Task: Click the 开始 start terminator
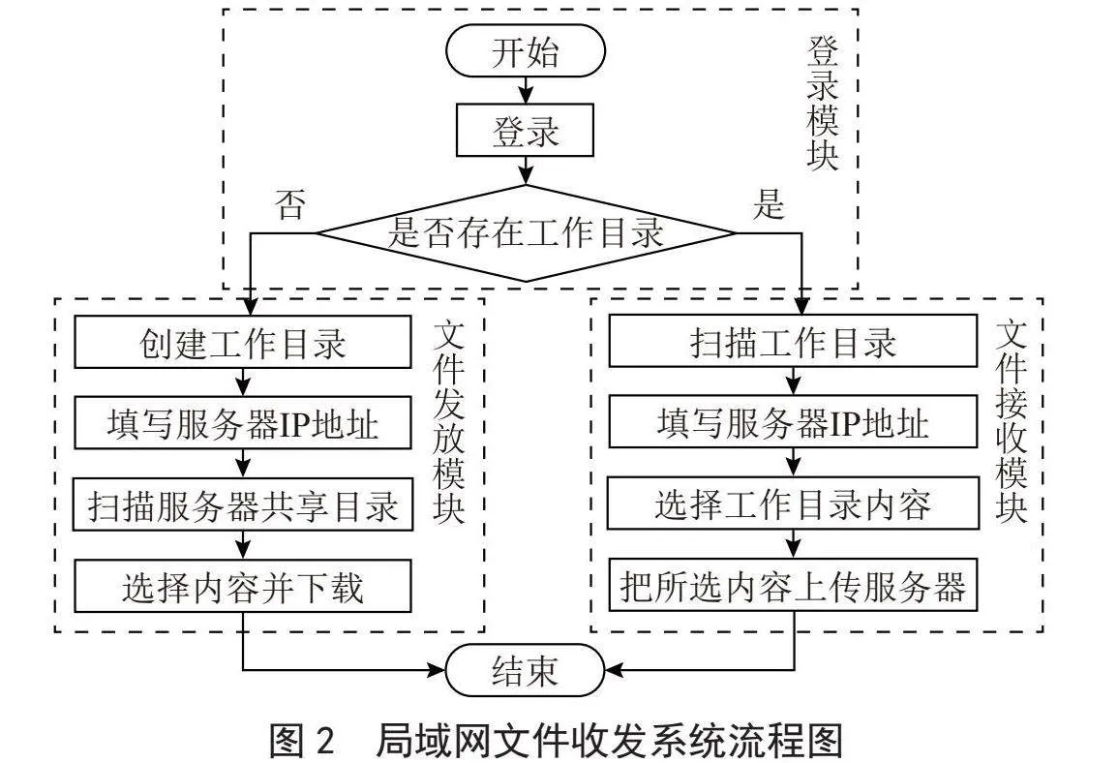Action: pos(526,50)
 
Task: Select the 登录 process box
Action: pos(525,130)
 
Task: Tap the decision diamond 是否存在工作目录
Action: pos(526,233)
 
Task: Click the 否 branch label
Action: pos(290,204)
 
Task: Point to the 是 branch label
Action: pos(768,204)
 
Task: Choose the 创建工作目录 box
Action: pos(243,342)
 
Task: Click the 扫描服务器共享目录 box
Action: pos(243,504)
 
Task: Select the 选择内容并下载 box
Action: pos(243,586)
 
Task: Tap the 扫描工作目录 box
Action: pos(793,342)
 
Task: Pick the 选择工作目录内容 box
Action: pos(793,504)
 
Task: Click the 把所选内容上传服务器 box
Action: pos(793,586)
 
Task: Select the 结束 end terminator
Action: pos(526,670)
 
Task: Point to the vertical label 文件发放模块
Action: pos(449,421)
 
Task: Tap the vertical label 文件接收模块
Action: pos(1012,421)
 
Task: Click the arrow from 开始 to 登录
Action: pos(526,91)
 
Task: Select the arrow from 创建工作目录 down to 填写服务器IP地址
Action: pos(243,382)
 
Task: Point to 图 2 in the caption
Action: pos(302,740)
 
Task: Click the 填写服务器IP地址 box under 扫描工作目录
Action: pos(793,422)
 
